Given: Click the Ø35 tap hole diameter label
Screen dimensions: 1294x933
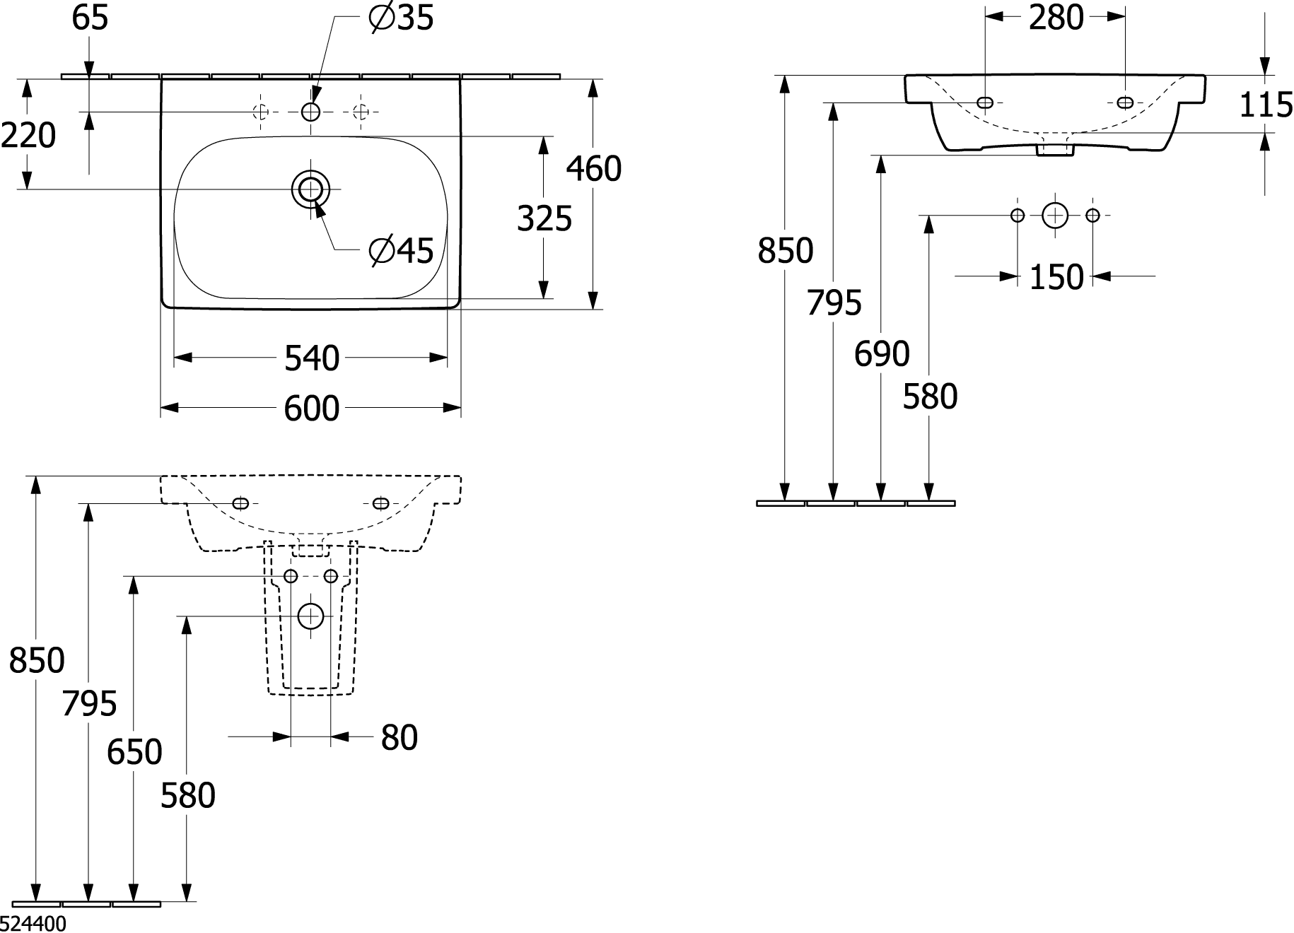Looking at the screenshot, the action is click(x=401, y=18).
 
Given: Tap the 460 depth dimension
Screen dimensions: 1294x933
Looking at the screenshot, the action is click(x=594, y=169).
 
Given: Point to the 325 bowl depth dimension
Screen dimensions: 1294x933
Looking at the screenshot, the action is click(x=544, y=218).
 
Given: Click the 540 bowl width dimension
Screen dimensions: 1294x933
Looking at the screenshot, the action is click(x=312, y=358).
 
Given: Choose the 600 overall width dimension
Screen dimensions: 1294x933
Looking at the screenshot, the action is click(x=312, y=409).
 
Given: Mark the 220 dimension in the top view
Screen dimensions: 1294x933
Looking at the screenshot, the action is click(x=28, y=136).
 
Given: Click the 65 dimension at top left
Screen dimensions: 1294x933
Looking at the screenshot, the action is click(x=90, y=18).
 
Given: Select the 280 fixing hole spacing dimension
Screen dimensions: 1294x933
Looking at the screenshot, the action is click(x=1056, y=18).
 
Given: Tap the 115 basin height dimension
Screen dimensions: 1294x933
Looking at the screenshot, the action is click(x=1266, y=105).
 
